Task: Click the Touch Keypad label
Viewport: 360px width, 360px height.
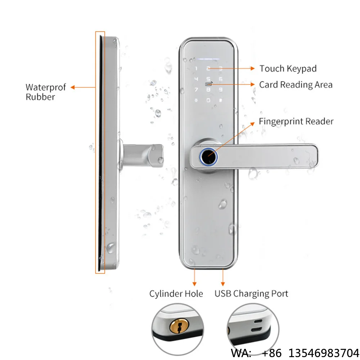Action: (x=288, y=69)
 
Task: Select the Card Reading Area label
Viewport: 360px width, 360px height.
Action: (x=296, y=85)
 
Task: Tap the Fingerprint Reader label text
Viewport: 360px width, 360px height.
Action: (x=296, y=121)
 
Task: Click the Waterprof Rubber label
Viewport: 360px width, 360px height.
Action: (x=46, y=92)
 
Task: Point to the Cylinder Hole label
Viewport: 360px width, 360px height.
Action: (x=176, y=294)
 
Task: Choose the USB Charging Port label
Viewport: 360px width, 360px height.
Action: (x=251, y=294)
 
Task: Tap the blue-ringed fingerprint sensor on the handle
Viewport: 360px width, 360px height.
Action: (x=208, y=157)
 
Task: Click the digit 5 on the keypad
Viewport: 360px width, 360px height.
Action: (x=208, y=79)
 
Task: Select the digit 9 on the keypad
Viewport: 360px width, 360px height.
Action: (x=220, y=90)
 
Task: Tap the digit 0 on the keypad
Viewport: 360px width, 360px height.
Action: (x=208, y=100)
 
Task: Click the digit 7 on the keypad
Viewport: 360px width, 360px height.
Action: (x=196, y=90)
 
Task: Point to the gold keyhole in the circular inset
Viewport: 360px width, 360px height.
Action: (x=179, y=325)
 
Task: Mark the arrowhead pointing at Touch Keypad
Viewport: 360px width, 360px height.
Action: (x=253, y=68)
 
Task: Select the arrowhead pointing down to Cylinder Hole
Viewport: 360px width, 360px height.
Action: (x=194, y=284)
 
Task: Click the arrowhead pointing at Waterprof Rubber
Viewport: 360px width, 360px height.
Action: (x=73, y=87)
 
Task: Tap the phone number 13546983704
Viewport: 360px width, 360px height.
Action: (x=324, y=353)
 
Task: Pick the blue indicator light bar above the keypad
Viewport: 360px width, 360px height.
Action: (x=208, y=59)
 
